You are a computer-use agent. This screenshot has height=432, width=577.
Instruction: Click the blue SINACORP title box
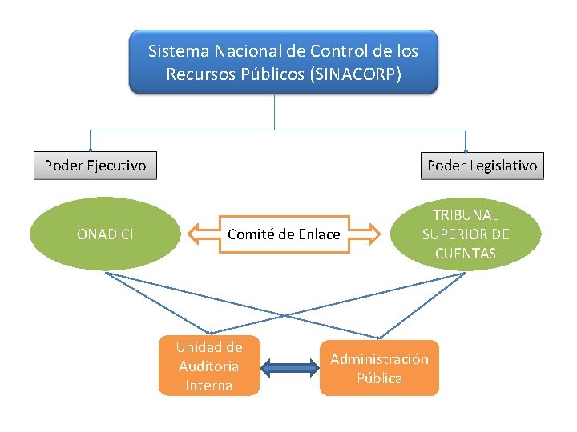284,62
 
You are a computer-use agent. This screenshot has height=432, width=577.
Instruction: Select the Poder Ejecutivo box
95,166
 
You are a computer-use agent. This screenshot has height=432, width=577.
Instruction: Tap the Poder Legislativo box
482,166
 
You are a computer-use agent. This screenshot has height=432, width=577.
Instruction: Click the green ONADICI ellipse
105,234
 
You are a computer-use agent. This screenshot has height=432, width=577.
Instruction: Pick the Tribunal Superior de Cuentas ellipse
465,234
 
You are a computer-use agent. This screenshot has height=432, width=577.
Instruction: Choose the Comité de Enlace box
284,234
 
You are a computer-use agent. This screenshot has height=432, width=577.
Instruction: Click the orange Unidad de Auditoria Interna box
209,366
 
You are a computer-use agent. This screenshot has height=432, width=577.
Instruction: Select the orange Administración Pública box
379,368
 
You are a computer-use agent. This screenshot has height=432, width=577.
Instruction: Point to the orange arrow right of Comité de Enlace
365,234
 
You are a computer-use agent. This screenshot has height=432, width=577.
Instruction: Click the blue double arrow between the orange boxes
290,368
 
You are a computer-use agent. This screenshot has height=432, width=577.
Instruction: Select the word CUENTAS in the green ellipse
466,254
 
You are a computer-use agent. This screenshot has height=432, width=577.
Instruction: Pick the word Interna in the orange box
208,386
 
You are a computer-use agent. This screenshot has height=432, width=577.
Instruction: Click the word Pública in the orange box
380,378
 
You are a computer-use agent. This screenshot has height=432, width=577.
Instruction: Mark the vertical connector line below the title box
275,111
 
